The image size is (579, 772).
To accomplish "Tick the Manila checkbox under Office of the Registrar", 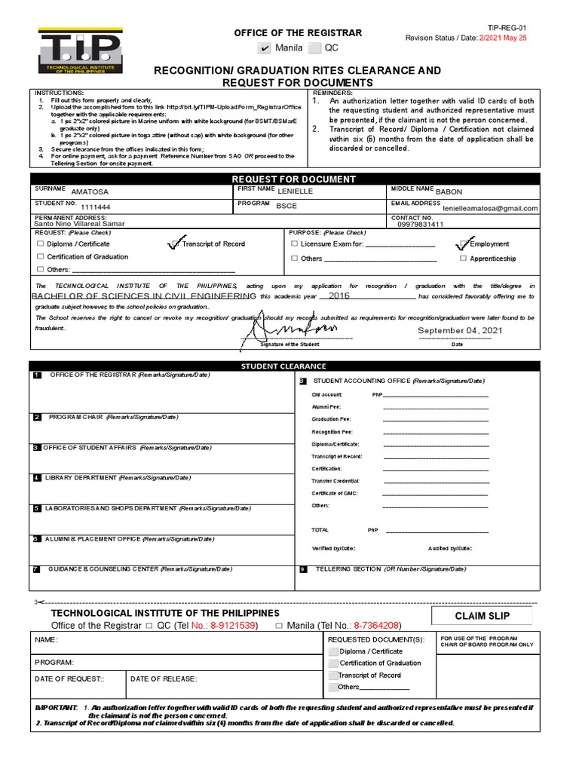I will (263, 48).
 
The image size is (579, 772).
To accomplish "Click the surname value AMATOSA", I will (90, 191).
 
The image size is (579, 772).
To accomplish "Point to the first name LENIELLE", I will (296, 191).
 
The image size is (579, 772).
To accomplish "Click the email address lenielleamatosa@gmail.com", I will (490, 208).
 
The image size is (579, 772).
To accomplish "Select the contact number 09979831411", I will (420, 224).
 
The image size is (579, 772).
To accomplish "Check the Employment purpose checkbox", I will (462, 244).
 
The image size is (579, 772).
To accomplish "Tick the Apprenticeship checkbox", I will (463, 259).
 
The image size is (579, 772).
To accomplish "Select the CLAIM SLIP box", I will (482, 617).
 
